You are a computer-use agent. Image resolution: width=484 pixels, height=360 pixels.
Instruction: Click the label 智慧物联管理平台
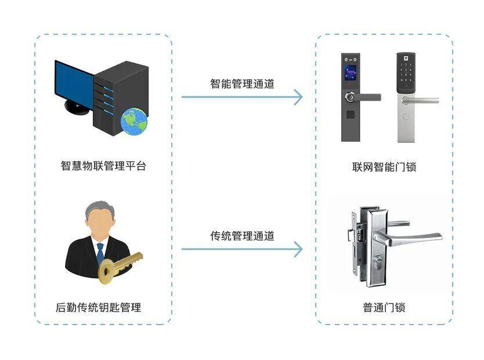[x=103, y=166]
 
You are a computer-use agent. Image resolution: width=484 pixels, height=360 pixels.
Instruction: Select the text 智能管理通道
[x=242, y=84]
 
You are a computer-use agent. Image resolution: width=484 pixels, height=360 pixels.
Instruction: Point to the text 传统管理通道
[x=242, y=236]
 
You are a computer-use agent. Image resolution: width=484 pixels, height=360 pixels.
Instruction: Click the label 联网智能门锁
[x=384, y=167]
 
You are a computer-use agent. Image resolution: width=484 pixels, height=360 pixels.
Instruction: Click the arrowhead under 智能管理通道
[x=298, y=97]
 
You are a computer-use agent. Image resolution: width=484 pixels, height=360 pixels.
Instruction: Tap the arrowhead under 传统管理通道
[x=298, y=250]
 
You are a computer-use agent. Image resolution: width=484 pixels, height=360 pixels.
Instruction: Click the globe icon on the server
[x=134, y=122]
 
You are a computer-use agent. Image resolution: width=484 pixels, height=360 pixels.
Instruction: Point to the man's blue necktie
[x=100, y=252]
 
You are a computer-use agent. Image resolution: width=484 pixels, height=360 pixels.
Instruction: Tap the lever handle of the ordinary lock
[x=409, y=237]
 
